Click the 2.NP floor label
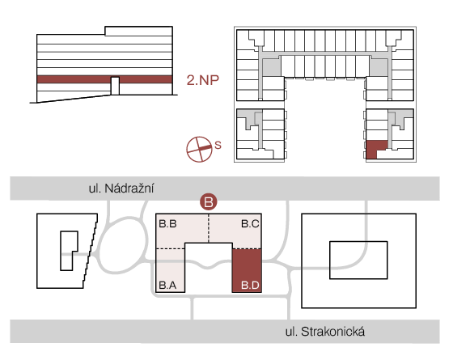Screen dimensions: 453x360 click(x=202, y=80)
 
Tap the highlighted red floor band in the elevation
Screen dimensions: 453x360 click(x=72, y=79)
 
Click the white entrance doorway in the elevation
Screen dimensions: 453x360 click(x=115, y=86)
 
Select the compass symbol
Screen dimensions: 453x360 click(x=199, y=150)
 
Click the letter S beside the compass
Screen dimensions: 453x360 click(x=218, y=145)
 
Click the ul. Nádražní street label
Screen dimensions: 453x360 click(x=121, y=188)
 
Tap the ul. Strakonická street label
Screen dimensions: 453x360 click(x=325, y=332)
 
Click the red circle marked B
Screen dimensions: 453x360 click(x=209, y=202)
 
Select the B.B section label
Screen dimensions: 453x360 click(x=168, y=223)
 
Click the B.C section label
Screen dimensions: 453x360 click(x=250, y=223)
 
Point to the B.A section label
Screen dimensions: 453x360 click(x=167, y=285)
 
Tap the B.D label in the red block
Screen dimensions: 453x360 click(x=250, y=285)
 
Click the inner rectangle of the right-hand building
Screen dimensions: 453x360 click(x=358, y=242)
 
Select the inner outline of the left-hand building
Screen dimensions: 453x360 click(x=61, y=251)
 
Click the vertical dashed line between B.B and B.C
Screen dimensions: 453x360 click(x=209, y=228)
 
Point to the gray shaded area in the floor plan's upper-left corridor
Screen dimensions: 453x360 click(x=271, y=68)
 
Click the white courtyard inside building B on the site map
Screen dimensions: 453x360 click(x=209, y=267)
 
